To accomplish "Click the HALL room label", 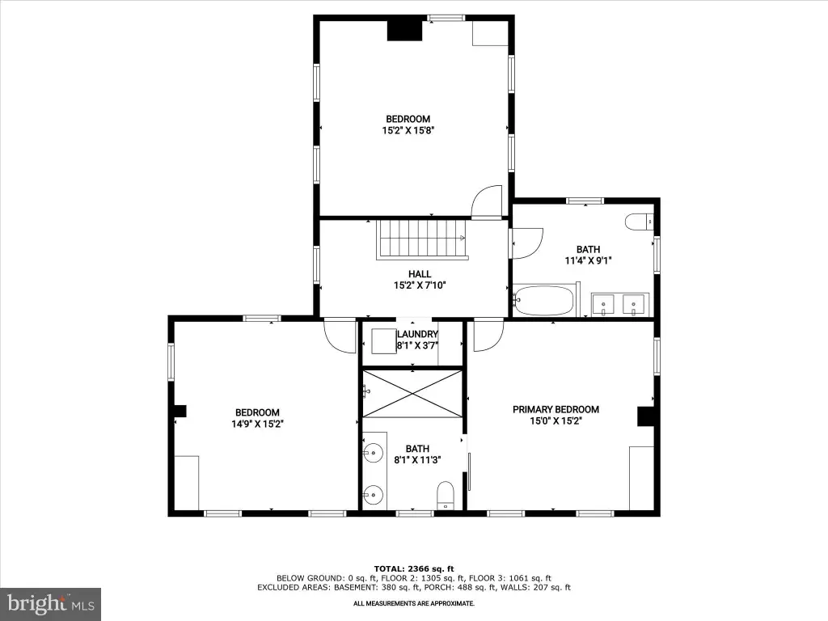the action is [x=420, y=274].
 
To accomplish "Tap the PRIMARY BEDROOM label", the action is [x=556, y=409].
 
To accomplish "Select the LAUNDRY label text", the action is [x=417, y=334].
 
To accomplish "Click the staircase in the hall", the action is [x=422, y=239].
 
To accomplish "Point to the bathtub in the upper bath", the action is [x=544, y=301].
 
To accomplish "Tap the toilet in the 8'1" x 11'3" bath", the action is [x=446, y=495].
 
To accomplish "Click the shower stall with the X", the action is [x=412, y=394].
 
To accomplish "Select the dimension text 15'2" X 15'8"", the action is [x=408, y=130].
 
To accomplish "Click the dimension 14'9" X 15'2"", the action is [x=258, y=424].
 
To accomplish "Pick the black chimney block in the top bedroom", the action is [x=405, y=31].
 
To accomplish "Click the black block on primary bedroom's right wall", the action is [x=645, y=416].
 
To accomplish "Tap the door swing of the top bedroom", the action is [x=486, y=201].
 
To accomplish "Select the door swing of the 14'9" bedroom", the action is [x=340, y=336].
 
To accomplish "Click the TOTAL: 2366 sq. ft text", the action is [x=414, y=568].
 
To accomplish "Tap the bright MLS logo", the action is [x=51, y=603].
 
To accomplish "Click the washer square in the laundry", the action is [x=384, y=341].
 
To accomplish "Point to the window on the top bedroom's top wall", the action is [x=446, y=19].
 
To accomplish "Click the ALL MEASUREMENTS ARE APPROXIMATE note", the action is [x=414, y=603].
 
